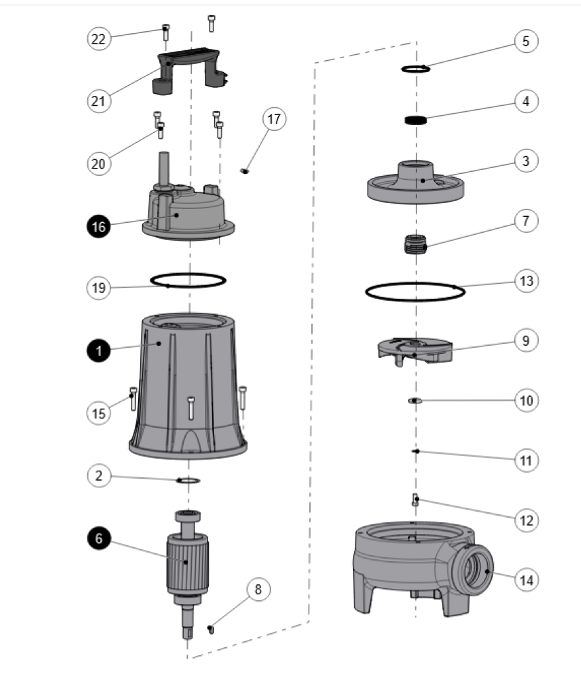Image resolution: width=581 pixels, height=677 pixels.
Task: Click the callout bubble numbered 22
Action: pyautogui.click(x=99, y=39)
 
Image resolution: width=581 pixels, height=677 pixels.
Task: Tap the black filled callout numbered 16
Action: pyautogui.click(x=99, y=227)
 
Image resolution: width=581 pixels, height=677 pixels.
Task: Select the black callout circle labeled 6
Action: pyautogui.click(x=99, y=538)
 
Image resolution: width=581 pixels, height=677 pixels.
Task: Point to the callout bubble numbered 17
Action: pyautogui.click(x=274, y=119)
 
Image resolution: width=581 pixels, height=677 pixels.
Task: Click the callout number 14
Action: pyautogui.click(x=526, y=580)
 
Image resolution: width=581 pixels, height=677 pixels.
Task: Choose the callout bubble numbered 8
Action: pyautogui.click(x=258, y=589)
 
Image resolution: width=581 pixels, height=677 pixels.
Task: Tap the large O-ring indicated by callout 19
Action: pyautogui.click(x=188, y=280)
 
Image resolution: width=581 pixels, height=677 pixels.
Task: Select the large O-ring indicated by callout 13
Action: pyautogui.click(x=415, y=292)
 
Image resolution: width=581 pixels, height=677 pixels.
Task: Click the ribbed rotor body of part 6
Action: pyautogui.click(x=188, y=561)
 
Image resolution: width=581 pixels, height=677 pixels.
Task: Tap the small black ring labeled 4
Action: pyautogui.click(x=416, y=120)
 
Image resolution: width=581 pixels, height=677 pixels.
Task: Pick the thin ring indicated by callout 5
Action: pyautogui.click(x=416, y=69)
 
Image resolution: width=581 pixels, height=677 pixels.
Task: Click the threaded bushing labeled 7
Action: pyautogui.click(x=415, y=245)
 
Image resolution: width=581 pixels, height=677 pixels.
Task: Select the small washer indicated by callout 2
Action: pyautogui.click(x=188, y=481)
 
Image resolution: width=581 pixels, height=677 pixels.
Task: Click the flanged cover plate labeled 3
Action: pyautogui.click(x=416, y=182)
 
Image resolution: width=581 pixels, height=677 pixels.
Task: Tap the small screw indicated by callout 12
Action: pyautogui.click(x=416, y=500)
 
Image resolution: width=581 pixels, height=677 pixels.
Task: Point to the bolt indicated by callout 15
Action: pyautogui.click(x=133, y=399)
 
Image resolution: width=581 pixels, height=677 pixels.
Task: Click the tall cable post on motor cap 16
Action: pyautogui.click(x=165, y=169)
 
